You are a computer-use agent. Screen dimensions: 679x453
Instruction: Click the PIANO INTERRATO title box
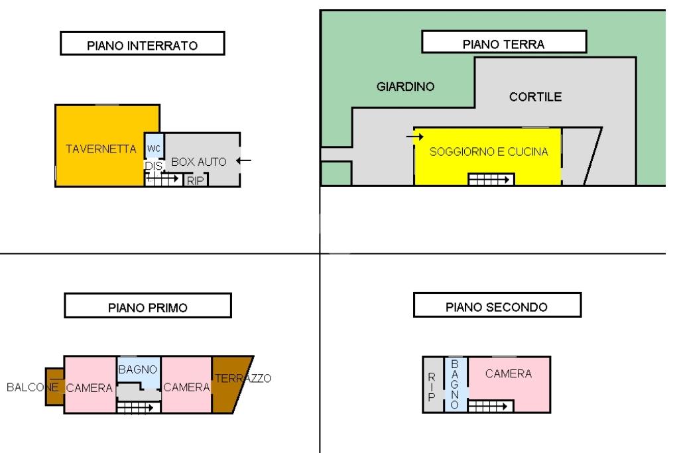click(143, 43)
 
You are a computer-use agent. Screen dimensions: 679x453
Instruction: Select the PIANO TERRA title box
click(504, 42)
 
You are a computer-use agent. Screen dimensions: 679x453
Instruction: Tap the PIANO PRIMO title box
click(148, 305)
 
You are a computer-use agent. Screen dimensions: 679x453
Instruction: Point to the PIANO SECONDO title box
click(497, 305)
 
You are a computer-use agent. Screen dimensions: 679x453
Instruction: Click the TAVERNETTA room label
click(101, 149)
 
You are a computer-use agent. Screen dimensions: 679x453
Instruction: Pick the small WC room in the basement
click(154, 146)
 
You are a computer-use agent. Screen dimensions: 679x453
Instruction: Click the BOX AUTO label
click(199, 162)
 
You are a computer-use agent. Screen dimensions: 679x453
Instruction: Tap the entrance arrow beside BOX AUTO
click(244, 161)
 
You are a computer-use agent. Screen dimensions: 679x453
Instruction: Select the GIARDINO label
click(405, 87)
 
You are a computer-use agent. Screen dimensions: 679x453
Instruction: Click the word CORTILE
click(535, 97)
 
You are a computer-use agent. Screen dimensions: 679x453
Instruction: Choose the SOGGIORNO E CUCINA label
click(489, 152)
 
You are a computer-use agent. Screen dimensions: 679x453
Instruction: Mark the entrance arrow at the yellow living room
click(415, 137)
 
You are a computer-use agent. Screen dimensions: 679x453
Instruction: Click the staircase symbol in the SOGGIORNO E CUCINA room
click(491, 179)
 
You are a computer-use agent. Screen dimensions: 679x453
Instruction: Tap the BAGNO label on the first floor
click(138, 369)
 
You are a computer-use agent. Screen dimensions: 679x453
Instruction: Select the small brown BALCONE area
click(54, 387)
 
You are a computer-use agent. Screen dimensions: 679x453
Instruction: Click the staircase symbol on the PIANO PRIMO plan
click(138, 407)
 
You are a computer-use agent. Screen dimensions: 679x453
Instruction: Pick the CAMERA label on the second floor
click(509, 374)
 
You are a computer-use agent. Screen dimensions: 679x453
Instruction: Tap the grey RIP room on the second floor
click(433, 385)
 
